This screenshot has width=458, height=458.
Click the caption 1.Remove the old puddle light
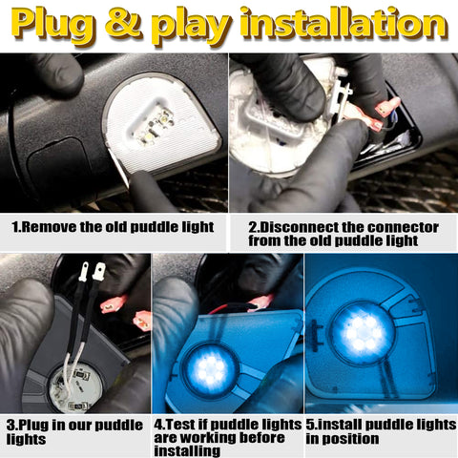coord(113,229)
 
